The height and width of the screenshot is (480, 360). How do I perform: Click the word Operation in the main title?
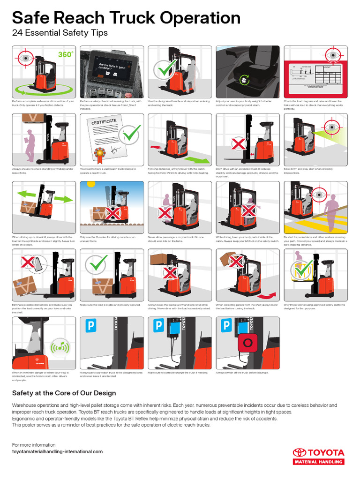coord(200,18)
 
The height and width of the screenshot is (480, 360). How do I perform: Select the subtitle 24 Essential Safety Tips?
coord(60,33)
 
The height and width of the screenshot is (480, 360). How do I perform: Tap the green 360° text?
coord(66,55)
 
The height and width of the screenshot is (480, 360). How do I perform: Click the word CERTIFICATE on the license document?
coord(104,122)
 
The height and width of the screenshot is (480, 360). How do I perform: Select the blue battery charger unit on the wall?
coord(175,330)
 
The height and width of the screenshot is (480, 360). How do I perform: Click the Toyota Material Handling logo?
coord(318,456)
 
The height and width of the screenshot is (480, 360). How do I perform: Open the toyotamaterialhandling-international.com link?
coord(57,451)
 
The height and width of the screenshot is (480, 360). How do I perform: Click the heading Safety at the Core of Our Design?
coord(64,393)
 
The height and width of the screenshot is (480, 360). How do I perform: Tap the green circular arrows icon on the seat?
coord(244,80)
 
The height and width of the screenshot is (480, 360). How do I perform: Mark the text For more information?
coord(34,445)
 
